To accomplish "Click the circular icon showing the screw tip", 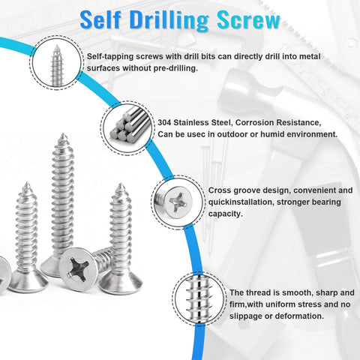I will (55, 62).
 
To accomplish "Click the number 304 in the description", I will (166, 123).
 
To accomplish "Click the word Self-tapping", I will (111, 57).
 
